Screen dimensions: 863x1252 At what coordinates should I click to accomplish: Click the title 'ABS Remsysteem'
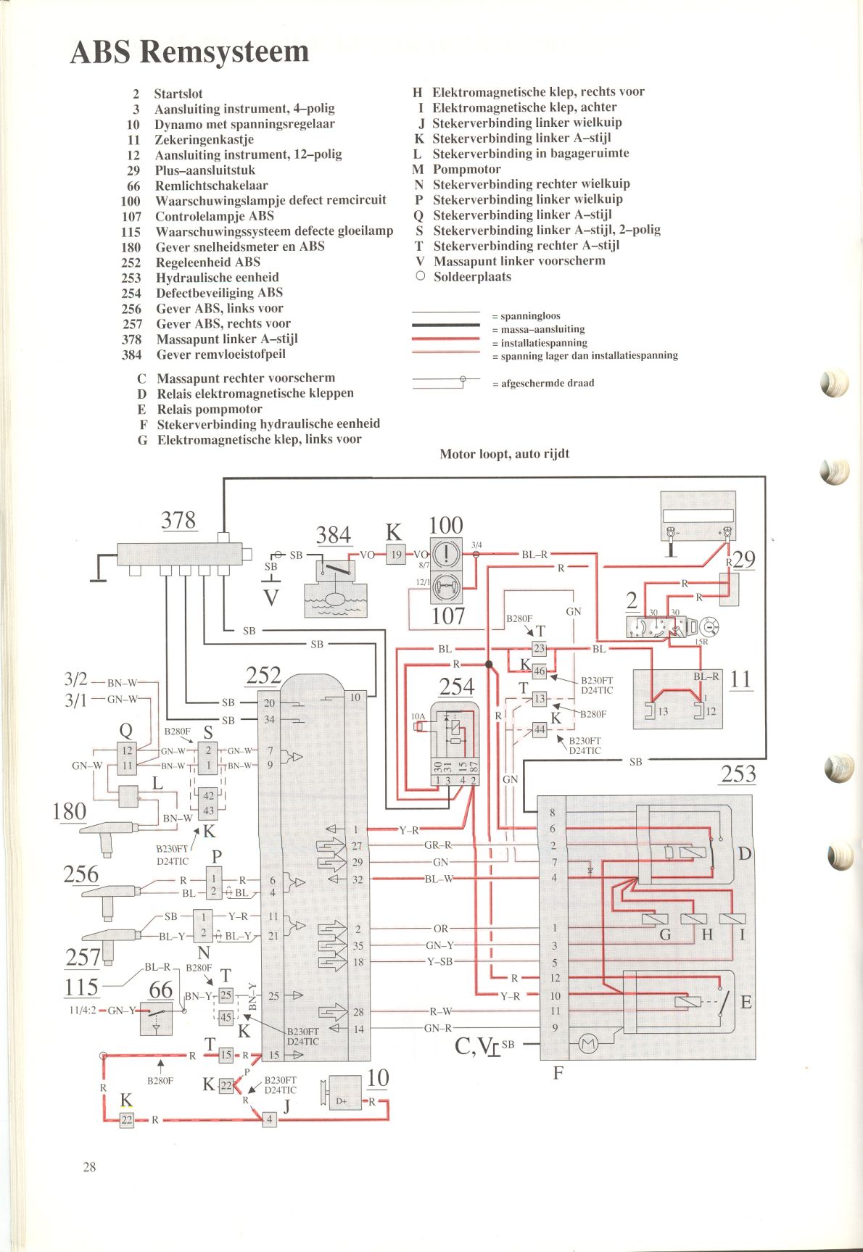[189, 52]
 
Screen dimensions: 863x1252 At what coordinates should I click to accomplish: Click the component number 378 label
[178, 520]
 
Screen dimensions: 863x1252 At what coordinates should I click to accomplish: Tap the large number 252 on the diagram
[263, 675]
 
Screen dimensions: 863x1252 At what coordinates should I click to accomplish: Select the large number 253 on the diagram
[738, 774]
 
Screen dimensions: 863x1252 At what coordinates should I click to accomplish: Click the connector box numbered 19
[396, 555]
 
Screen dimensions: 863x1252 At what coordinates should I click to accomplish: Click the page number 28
[89, 1166]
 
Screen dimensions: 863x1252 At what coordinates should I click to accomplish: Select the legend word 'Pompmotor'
[466, 169]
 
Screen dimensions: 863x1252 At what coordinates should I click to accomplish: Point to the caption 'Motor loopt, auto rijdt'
[505, 454]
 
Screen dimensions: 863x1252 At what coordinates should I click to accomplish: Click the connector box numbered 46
[540, 671]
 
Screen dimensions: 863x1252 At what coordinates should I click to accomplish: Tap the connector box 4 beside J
[270, 1119]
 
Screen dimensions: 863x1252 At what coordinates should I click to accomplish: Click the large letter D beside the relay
[745, 853]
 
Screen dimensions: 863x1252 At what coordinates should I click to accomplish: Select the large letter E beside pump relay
[746, 1002]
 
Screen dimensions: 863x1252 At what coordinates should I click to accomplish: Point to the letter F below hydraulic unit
[558, 1072]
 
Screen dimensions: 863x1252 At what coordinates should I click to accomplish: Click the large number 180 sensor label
[70, 811]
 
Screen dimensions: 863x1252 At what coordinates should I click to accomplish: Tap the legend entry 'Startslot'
[178, 94]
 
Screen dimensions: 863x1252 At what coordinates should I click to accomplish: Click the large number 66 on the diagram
[161, 990]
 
